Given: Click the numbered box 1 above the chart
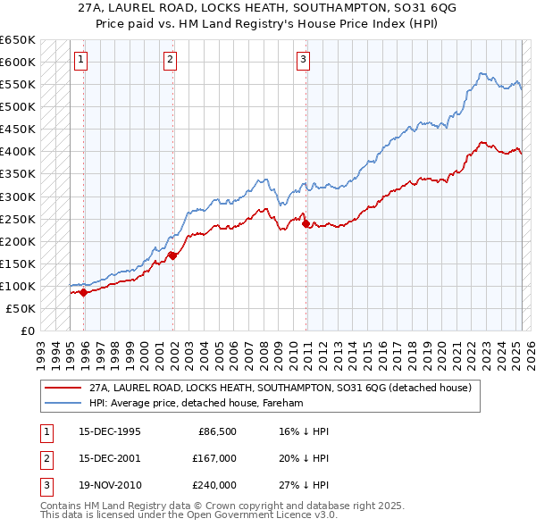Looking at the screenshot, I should coord(80,60).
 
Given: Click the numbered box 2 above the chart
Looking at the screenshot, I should coord(170,60).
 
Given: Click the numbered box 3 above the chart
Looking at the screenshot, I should coord(303,60).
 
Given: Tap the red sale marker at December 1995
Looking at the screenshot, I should coord(83,292).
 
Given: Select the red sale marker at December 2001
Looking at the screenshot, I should coord(172,255).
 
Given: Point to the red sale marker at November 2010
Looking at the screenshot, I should coord(306,223).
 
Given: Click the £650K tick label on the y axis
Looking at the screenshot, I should coord(18,40).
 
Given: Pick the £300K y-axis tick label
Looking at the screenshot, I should coord(18,197).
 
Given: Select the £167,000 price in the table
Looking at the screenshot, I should coord(214,458).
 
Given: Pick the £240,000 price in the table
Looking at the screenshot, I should coord(214,485).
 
